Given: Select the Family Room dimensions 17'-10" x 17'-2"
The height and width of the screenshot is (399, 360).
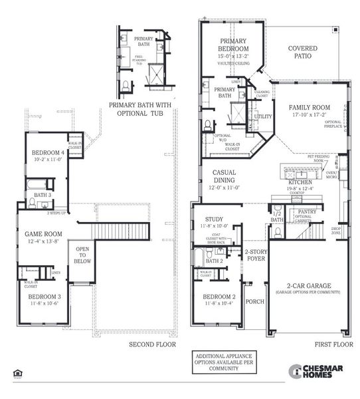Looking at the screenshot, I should click(309, 114).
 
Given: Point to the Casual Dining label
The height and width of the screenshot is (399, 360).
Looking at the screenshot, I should click(224, 176).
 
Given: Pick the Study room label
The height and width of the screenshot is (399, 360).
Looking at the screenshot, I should click(215, 219).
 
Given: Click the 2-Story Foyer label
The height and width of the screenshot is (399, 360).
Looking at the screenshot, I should click(255, 255).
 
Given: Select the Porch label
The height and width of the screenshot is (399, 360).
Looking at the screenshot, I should click(254, 301).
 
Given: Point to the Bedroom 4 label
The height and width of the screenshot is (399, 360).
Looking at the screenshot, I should click(48, 152).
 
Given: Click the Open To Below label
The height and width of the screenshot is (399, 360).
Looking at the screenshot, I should click(83, 256).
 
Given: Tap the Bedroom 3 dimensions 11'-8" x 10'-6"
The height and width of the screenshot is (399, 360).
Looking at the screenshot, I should click(44, 303).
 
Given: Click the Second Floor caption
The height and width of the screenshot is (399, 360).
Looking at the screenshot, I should click(152, 345).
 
